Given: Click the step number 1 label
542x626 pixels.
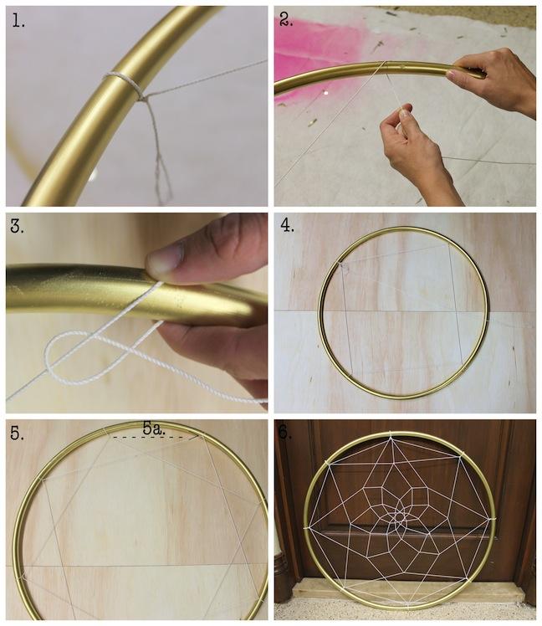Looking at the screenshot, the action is (18, 21).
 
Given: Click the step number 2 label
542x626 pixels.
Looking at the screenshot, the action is (286, 19).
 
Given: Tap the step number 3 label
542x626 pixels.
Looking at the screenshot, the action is (18, 227).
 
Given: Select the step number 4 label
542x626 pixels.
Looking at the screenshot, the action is (288, 225).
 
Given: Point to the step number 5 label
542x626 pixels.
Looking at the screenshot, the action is (18, 434).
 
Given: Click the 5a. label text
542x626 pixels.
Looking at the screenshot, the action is (154, 428).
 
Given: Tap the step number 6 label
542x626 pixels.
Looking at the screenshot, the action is (286, 434).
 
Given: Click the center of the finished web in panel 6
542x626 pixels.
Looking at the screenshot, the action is (400, 518).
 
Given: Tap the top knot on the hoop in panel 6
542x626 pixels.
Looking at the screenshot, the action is (391, 434).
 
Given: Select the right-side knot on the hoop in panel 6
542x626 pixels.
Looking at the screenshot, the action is (491, 520).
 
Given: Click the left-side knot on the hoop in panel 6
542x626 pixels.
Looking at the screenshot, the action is (306, 527).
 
